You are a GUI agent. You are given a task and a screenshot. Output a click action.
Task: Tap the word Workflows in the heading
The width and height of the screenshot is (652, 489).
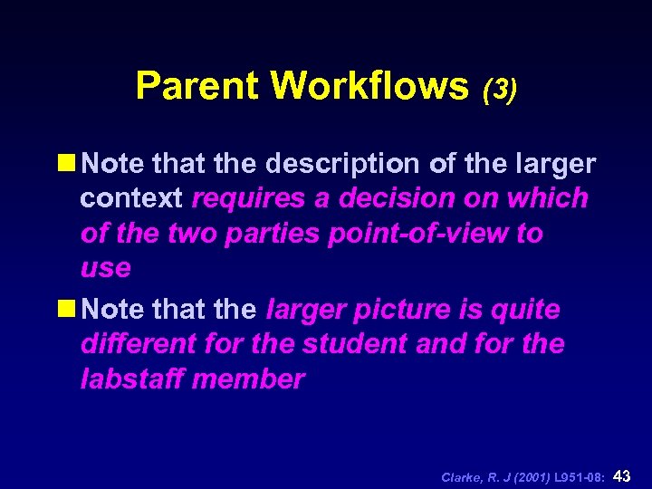[369, 87]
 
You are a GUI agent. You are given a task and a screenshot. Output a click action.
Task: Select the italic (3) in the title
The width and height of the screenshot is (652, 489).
[500, 90]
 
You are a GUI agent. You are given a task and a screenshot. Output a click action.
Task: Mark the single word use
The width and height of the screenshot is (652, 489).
[105, 269]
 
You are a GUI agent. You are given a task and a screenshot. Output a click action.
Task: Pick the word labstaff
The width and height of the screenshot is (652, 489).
[132, 379]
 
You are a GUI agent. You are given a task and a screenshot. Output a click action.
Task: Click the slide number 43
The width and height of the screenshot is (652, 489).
[622, 475]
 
